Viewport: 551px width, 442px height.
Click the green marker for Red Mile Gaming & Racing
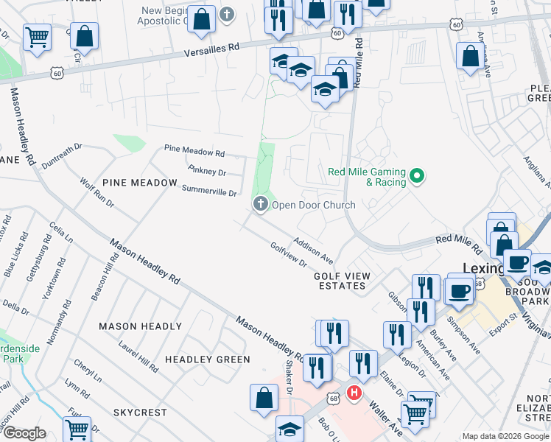[417, 176]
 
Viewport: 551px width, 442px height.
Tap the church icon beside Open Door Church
[260, 205]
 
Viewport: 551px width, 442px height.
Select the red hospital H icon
[354, 393]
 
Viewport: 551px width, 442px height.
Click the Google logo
[24, 433]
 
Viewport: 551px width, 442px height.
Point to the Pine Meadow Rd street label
[194, 152]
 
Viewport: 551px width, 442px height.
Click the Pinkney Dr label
[206, 171]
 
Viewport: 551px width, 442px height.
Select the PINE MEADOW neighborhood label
[139, 182]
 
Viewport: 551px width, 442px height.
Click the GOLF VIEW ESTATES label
[342, 281]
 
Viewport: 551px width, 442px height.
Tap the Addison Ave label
[314, 250]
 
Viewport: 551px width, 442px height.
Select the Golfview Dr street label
[288, 255]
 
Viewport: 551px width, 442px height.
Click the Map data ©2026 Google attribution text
[505, 436]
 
